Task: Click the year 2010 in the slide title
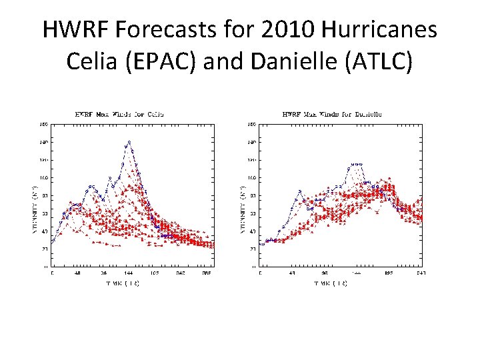282,29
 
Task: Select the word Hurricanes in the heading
379,29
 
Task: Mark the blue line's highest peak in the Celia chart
129,142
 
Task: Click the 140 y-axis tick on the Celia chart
43,142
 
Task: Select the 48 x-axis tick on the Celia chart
78,273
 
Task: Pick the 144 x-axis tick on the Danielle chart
358,273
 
